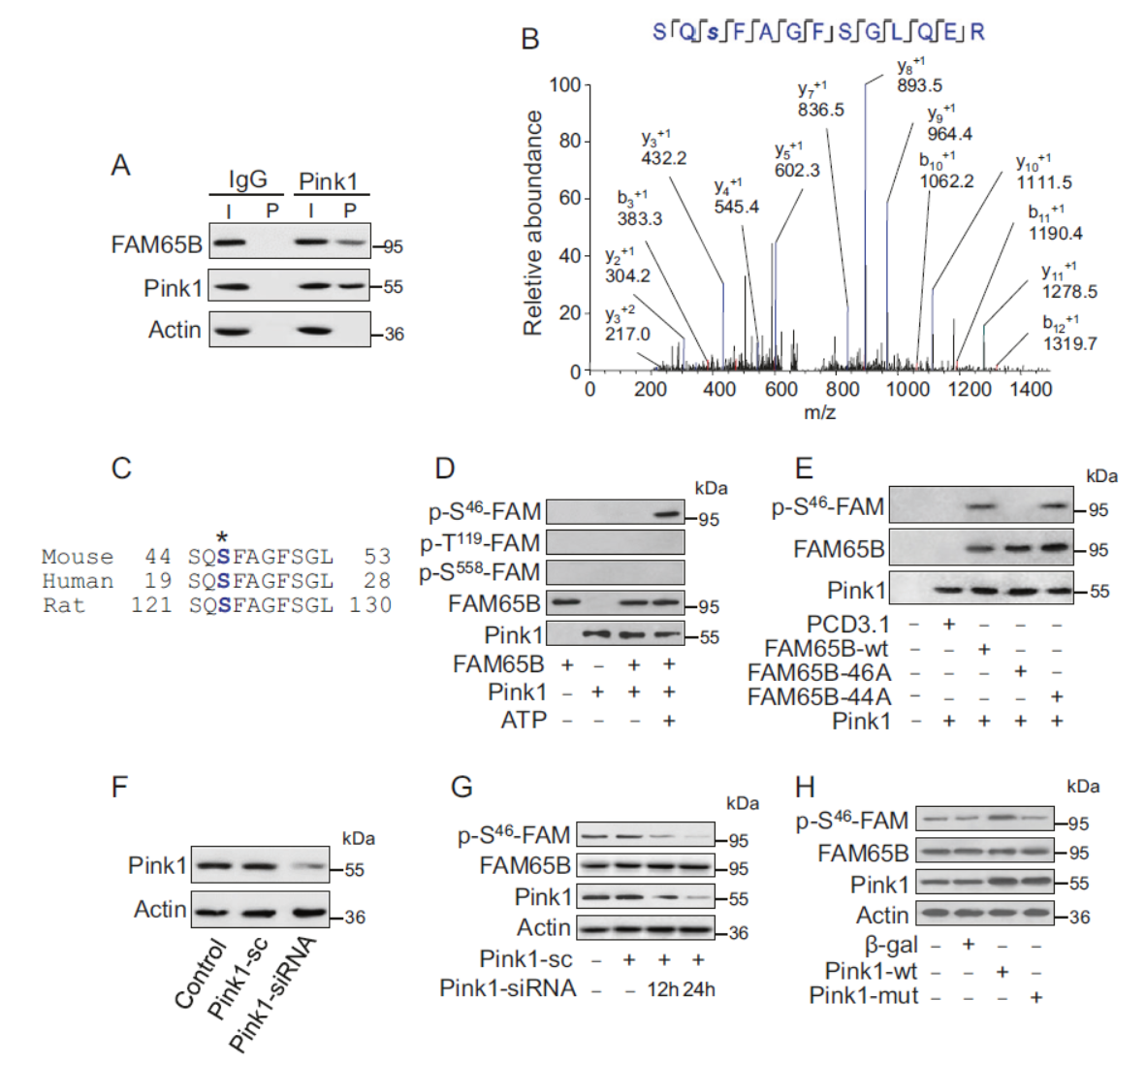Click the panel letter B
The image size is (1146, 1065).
coord(530,39)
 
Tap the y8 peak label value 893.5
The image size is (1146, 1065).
coord(919,85)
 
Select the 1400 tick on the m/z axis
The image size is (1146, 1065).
coord(1030,389)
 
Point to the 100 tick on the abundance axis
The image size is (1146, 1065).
coord(564,85)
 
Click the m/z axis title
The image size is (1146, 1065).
coord(819,412)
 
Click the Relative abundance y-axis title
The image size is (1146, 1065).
coord(532,223)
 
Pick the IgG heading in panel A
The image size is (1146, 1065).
coord(247,179)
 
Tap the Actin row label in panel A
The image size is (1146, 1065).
coord(175,330)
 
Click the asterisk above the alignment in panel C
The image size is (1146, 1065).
coord(223,537)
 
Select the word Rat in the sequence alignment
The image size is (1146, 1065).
coord(64,605)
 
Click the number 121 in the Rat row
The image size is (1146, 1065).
coord(151,605)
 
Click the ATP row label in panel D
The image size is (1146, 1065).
coord(524,720)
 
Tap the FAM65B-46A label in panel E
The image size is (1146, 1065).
coord(819,672)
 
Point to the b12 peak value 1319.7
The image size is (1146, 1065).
coord(1069,343)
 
